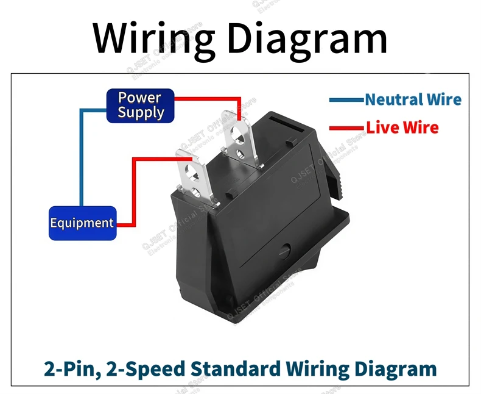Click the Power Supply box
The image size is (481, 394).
point(140,106)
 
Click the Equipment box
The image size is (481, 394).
point(83,223)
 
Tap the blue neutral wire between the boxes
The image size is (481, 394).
point(82,157)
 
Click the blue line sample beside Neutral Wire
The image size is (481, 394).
point(346,100)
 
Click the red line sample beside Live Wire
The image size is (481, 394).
point(346,128)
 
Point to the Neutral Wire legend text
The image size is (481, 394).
point(413,99)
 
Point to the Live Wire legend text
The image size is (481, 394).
point(402,127)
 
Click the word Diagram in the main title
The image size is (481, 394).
point(307,38)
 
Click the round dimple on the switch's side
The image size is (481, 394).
point(285,251)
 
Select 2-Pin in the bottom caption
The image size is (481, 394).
point(72,369)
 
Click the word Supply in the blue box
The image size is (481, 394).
point(141,113)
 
